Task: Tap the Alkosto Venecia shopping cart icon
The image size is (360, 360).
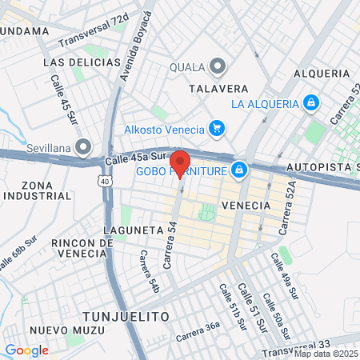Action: [x=215, y=128]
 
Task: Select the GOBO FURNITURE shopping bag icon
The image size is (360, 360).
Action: [x=238, y=170]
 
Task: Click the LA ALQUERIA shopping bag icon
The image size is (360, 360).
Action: [x=311, y=103]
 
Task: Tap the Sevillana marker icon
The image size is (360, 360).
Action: [x=85, y=147]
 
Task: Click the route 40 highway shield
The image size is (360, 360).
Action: [x=106, y=182]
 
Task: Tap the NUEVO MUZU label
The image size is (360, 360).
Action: [x=58, y=330]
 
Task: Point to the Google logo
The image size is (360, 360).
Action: [x=26, y=350]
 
